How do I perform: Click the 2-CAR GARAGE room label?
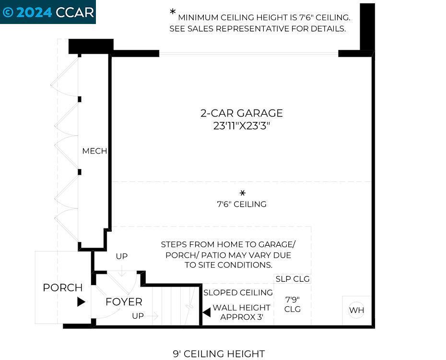click(242, 113)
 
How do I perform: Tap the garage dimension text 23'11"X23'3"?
click(242, 125)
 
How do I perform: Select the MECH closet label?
click(94, 151)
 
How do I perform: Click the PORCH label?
click(62, 288)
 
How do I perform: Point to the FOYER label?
click(124, 301)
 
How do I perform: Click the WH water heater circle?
click(356, 310)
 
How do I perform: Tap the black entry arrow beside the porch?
click(81, 302)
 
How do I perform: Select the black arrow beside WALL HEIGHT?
click(207, 312)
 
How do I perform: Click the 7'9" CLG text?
click(293, 304)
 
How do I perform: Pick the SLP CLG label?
click(293, 279)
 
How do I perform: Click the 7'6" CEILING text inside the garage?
click(242, 204)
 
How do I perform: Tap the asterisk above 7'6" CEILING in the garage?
click(242, 193)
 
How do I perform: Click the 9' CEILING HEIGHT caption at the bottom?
click(219, 354)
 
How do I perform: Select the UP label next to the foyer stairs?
click(138, 316)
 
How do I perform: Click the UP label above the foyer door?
click(121, 256)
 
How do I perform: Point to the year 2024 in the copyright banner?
click(34, 12)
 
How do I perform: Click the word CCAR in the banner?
click(74, 12)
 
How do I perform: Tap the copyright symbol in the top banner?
click(8, 12)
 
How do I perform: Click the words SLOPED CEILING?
click(238, 292)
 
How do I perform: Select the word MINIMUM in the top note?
click(198, 18)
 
